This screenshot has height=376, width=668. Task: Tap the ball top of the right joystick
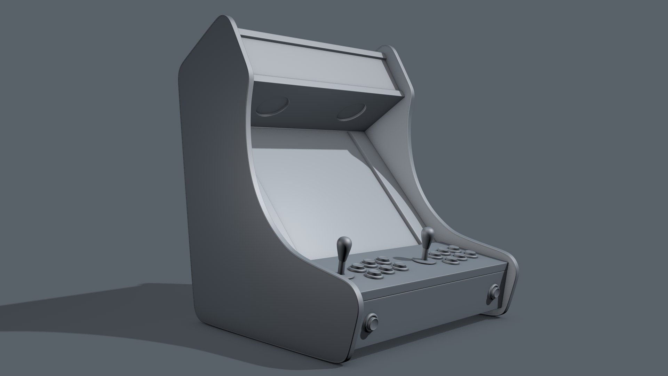click(428, 232)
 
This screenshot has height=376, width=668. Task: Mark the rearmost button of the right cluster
click(453, 248)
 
